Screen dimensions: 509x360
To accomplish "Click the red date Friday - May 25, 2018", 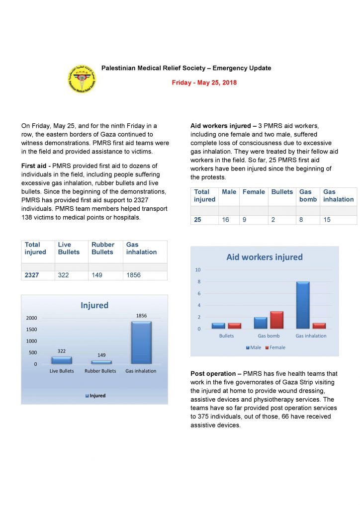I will click(204, 83).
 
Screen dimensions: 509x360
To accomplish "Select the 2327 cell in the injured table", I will click(32, 275).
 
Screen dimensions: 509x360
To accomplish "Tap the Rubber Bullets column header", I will click(103, 248).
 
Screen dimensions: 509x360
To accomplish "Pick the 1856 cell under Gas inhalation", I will click(134, 275).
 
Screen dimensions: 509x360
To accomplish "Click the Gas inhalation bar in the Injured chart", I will click(141, 342).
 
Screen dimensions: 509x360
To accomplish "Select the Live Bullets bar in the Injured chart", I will click(62, 360).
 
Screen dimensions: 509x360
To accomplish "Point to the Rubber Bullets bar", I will click(101, 362).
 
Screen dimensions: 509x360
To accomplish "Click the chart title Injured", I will click(94, 305).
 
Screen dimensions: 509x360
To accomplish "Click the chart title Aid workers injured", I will click(264, 257).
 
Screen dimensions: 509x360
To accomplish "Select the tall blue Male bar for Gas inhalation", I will click(303, 305).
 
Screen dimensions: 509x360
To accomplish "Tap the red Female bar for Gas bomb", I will click(276, 320).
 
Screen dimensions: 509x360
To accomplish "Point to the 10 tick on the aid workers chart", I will click(197, 270).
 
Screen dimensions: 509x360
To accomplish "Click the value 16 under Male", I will click(226, 219).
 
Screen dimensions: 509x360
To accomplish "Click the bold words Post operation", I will click(213, 373).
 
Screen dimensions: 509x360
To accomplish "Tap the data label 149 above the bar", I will click(101, 355).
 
